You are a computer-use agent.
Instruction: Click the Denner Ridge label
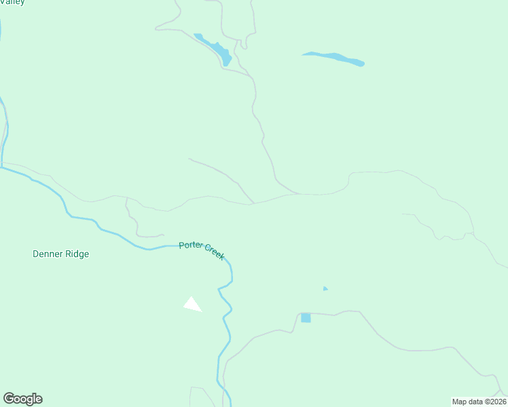click(60, 254)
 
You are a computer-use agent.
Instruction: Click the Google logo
click(22, 399)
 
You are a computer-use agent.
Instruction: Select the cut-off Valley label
click(13, 3)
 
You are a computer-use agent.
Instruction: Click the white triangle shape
click(192, 305)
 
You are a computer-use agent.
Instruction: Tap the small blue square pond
click(306, 317)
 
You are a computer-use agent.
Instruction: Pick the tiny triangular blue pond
click(325, 289)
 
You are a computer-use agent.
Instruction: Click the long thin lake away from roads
click(333, 59)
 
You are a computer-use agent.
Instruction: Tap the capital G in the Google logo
click(10, 399)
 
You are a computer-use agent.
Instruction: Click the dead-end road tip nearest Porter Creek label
click(164, 235)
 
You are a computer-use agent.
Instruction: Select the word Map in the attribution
click(460, 402)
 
